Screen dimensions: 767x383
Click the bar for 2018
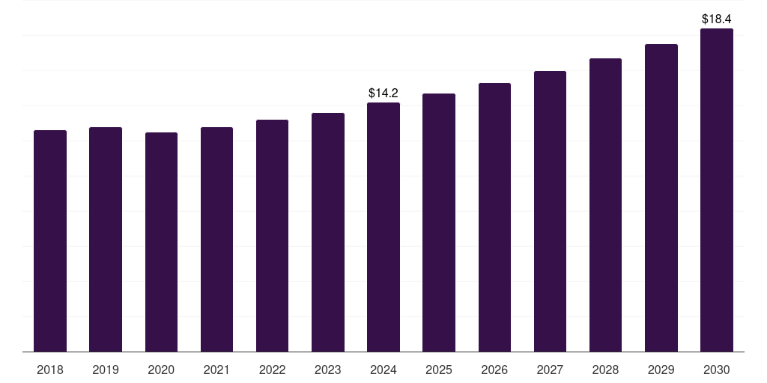pos(50,241)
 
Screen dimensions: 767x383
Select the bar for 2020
pos(162,242)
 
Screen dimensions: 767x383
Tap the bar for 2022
pos(272,236)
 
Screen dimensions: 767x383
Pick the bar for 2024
pos(383,227)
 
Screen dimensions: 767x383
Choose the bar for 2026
pos(494,218)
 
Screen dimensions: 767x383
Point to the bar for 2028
pos(605,205)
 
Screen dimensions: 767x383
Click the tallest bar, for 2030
pos(717,190)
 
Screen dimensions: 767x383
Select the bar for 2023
pos(328,233)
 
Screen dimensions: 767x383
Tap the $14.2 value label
pos(383,93)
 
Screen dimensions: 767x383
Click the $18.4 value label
pos(717,19)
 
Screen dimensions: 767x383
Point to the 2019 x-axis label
pos(106,370)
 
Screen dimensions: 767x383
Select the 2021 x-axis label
pos(216,370)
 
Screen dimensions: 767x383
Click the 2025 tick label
pos(439,370)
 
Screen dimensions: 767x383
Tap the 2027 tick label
pos(550,370)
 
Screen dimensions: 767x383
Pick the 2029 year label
pos(661,370)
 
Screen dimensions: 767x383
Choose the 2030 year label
pos(717,370)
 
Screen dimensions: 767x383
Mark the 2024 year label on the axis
pos(383,370)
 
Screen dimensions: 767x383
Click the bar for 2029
pos(661,197)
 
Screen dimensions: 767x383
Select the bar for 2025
pos(439,223)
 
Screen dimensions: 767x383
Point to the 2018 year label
pos(50,370)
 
